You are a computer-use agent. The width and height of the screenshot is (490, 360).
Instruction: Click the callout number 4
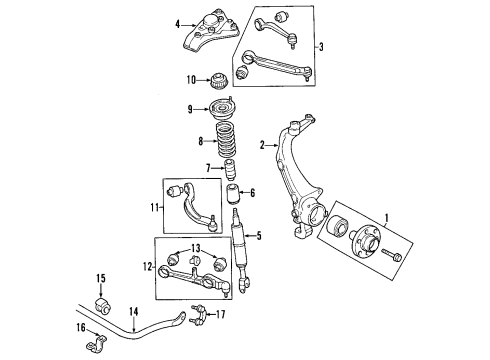[178, 24]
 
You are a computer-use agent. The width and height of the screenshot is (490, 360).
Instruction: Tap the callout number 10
[191, 80]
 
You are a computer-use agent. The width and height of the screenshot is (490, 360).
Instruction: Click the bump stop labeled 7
[230, 170]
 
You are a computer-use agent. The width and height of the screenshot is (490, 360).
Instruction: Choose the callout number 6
[253, 193]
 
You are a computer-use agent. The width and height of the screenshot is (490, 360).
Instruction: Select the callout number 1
[387, 218]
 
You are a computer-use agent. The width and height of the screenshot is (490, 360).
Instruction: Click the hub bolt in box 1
[392, 255]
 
